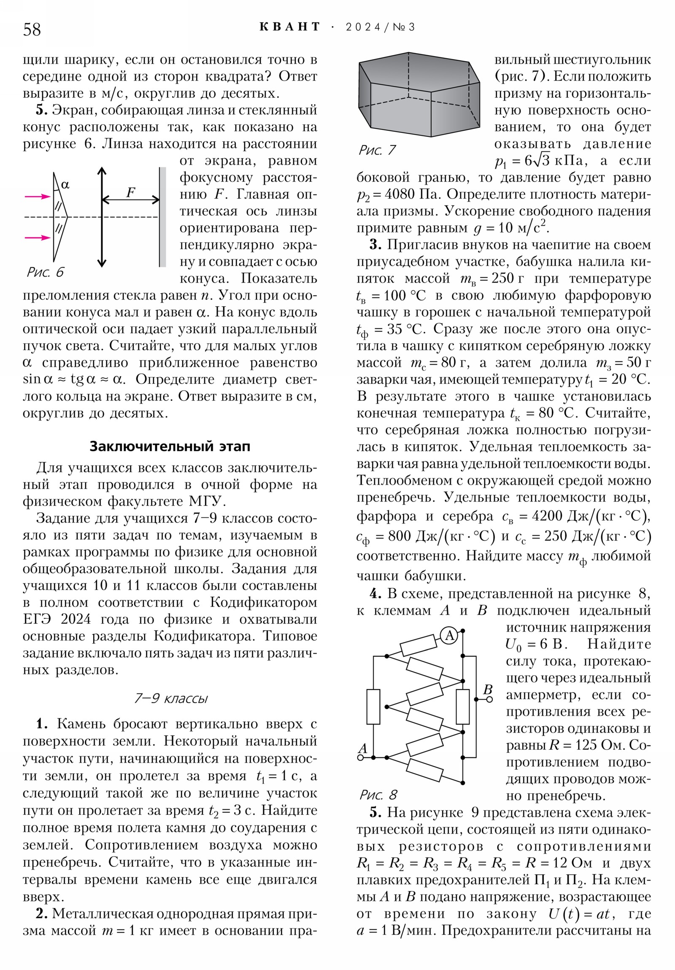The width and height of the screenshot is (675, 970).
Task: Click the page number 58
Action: [32, 30]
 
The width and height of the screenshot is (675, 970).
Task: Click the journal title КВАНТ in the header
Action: [289, 27]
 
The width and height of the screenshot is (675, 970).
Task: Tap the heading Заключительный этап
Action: [170, 446]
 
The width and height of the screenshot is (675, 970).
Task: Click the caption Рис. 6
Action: [45, 272]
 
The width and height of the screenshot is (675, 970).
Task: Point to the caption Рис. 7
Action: [377, 150]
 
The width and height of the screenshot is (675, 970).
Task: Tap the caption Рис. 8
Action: [378, 795]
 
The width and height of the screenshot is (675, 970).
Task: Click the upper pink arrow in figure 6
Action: [38, 197]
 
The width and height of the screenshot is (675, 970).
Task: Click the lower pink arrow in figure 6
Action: [38, 237]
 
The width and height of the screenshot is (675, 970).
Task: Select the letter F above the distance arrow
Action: [131, 193]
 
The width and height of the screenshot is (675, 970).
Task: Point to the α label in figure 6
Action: [65, 185]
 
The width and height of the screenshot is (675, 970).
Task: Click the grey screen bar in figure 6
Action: [162, 217]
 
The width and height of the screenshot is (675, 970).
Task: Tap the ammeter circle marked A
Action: [449, 636]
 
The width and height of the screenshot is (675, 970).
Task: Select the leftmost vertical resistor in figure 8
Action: [373, 706]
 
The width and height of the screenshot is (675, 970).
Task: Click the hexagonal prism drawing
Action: [418, 95]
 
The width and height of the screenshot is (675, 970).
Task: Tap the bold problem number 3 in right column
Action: [375, 245]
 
